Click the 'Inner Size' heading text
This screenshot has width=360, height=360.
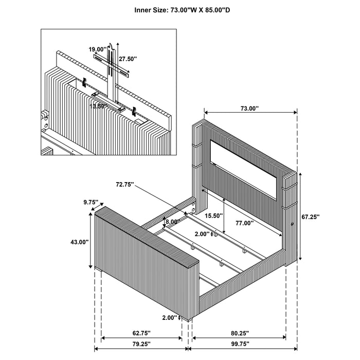pyautogui.click(x=181, y=9)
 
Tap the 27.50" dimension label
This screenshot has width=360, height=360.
pyautogui.click(x=128, y=59)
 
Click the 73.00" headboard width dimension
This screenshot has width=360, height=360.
pyautogui.click(x=250, y=109)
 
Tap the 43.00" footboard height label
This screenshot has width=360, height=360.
pyautogui.click(x=79, y=242)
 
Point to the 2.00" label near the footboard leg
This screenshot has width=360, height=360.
pyautogui.click(x=169, y=317)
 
